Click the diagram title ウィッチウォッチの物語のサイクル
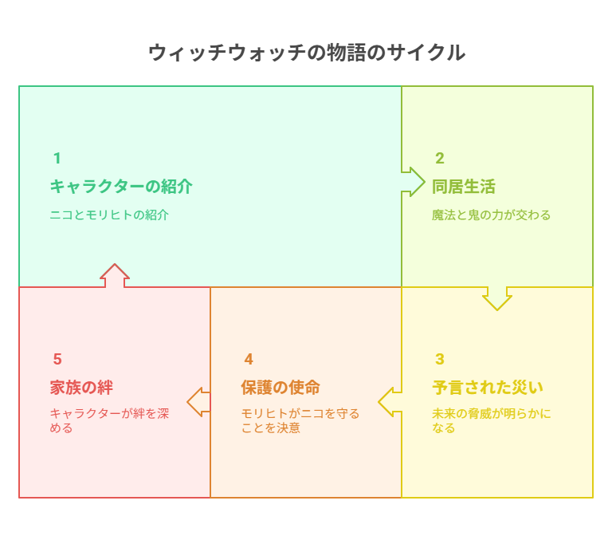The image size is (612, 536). pyautogui.click(x=307, y=53)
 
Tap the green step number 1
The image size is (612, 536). pyautogui.click(x=57, y=158)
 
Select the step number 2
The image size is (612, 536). pyautogui.click(x=440, y=158)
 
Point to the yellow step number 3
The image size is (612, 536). pyautogui.click(x=440, y=359)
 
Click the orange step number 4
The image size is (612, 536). pyautogui.click(x=249, y=359)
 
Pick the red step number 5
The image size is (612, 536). pyautogui.click(x=57, y=359)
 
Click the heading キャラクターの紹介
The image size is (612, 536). pyautogui.click(x=121, y=187)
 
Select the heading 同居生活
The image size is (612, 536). pyautogui.click(x=464, y=187)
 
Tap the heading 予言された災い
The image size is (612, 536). pyautogui.click(x=488, y=388)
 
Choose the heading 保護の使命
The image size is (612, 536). pyautogui.click(x=280, y=388)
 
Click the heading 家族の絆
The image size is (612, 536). pyautogui.click(x=81, y=388)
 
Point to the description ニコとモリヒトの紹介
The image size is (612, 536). pyautogui.click(x=109, y=215)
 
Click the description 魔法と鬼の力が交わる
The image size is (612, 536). pyautogui.click(x=491, y=215)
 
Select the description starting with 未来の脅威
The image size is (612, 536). pyautogui.click(x=492, y=421)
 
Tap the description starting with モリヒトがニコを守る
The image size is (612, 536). pyautogui.click(x=300, y=421)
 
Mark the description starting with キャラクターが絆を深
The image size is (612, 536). pyautogui.click(x=109, y=421)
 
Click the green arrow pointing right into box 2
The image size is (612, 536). pyautogui.click(x=414, y=182)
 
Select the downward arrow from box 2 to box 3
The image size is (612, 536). pyautogui.click(x=497, y=299)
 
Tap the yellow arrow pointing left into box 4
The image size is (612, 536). pyautogui.click(x=390, y=402)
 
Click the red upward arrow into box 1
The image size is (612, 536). pyautogui.click(x=115, y=275)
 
